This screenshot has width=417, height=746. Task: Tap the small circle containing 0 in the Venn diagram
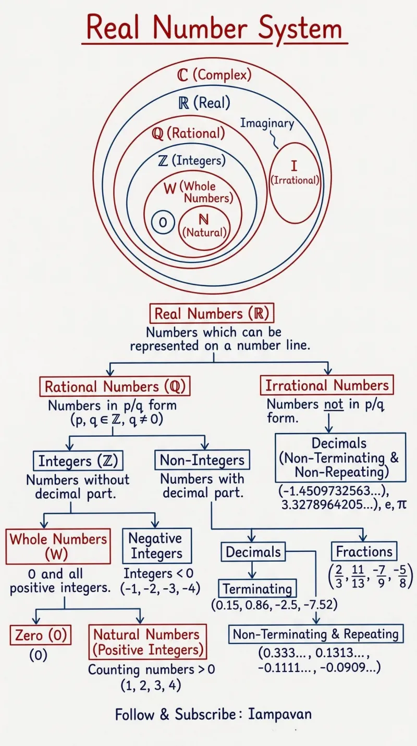pos(163,222)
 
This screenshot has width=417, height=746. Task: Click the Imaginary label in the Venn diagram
pos(267,123)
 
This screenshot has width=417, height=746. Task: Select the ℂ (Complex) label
pos(214,75)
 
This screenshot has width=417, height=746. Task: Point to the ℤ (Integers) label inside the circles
pos(192,160)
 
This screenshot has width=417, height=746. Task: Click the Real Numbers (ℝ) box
pos(212,313)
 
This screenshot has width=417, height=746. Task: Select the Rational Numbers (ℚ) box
pos(115,386)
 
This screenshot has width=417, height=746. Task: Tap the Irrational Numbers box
pos(327,385)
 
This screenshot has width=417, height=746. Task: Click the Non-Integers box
pos(202,460)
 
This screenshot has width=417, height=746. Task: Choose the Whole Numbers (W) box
pos(58,546)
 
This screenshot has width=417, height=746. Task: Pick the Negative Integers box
pos(157,546)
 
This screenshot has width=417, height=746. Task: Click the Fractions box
pos(364,551)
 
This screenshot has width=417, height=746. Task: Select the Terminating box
pos(257,588)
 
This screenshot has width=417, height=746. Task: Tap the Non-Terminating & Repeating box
pos(316,634)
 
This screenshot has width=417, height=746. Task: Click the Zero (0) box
pos(41,635)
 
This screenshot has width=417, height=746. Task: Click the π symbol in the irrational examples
pos(402,505)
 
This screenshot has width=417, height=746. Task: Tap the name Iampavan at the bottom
pos(280,714)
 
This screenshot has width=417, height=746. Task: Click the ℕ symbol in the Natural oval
pos(204,219)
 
